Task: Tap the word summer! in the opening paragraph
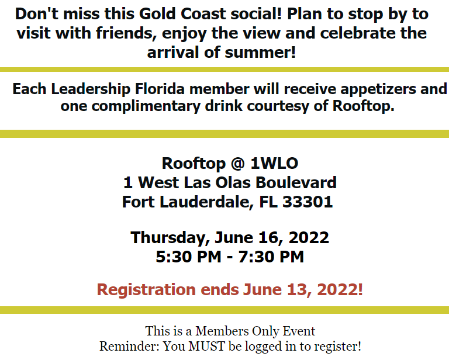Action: (x=260, y=53)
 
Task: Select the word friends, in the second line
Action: (x=126, y=33)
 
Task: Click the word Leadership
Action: (x=91, y=89)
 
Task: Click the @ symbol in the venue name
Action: (x=238, y=164)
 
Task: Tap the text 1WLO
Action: (x=274, y=164)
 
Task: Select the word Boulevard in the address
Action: (x=296, y=182)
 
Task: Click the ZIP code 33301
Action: (x=308, y=202)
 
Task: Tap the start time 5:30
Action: (x=174, y=257)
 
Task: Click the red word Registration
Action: (x=146, y=290)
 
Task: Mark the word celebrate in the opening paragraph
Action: (x=358, y=33)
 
